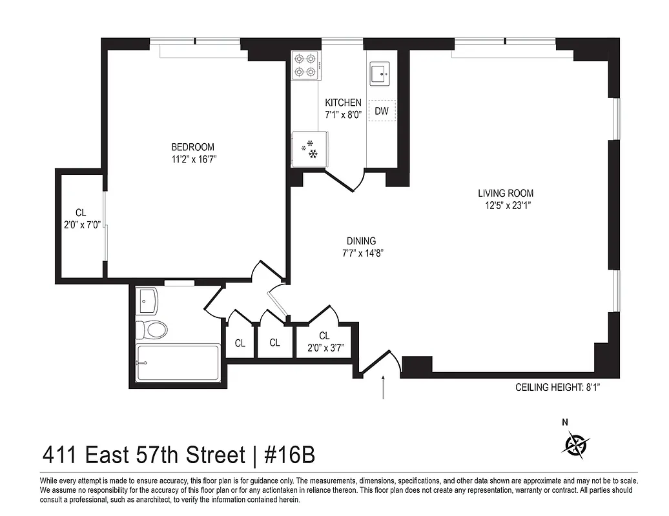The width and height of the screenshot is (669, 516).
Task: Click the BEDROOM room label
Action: [x=192, y=147]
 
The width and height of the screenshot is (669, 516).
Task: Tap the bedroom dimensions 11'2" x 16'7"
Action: [x=192, y=159]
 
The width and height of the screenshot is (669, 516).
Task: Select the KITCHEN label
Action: [x=343, y=103]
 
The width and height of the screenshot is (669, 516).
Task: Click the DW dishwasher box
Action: [x=382, y=111]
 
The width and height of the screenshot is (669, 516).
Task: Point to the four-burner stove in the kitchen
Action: [x=305, y=65]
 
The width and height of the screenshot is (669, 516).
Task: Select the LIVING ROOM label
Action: [x=506, y=193]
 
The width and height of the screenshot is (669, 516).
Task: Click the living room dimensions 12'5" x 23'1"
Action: [x=506, y=205]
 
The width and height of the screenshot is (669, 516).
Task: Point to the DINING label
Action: [x=361, y=241]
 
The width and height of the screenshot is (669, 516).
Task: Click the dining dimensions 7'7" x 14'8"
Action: [x=361, y=253]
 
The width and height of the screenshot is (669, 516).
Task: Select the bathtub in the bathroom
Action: [x=178, y=363]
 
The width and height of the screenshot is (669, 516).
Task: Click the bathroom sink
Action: [x=147, y=299]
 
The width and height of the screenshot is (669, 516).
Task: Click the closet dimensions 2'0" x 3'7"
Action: [x=324, y=348]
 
